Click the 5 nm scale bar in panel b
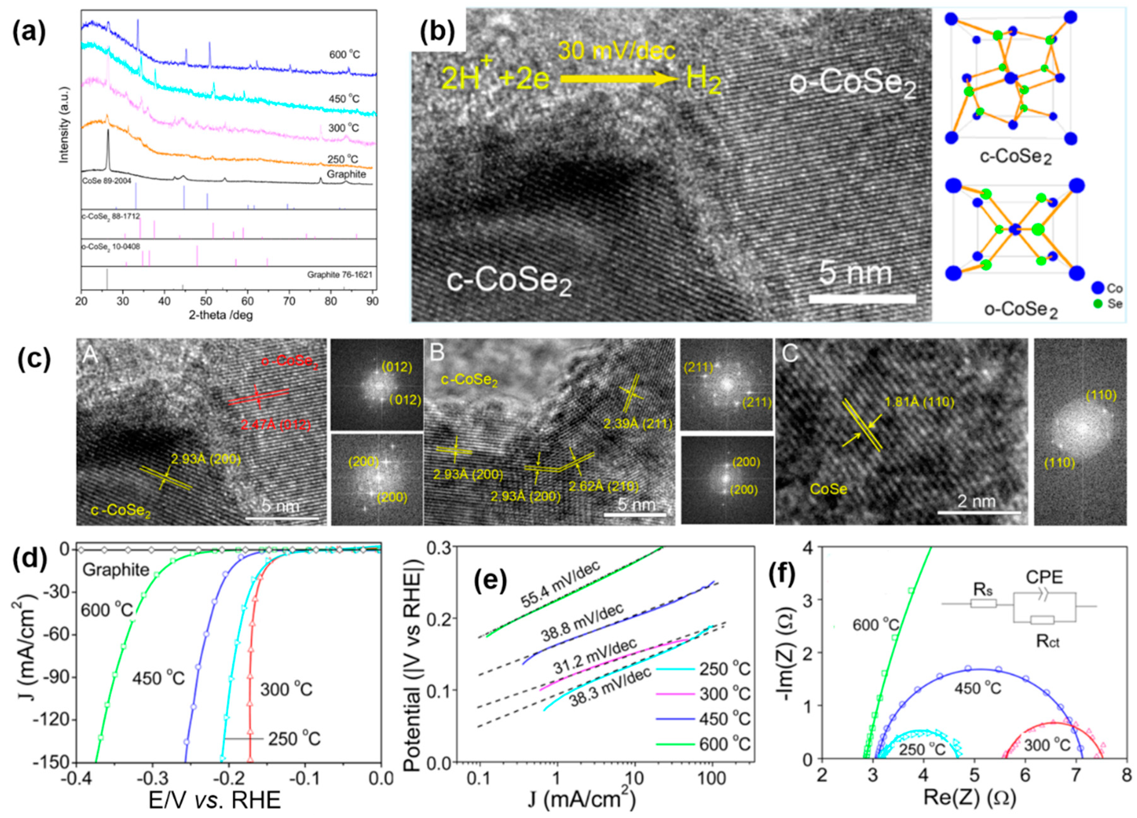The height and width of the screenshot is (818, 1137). point(862,299)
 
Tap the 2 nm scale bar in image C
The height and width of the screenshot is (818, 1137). point(979,513)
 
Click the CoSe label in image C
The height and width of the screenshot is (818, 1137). point(829,489)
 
